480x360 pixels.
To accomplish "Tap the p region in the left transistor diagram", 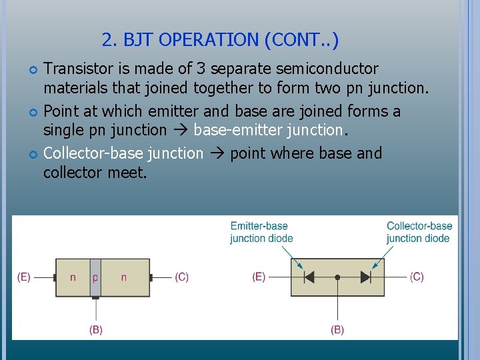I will (95, 277).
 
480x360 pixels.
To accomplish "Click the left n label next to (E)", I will (73, 277).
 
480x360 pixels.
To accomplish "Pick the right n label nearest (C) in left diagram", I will (123, 277).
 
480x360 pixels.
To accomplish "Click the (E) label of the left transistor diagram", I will (24, 277).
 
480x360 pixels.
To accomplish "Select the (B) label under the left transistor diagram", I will (96, 329).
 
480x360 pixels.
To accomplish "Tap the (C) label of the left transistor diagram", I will (181, 277).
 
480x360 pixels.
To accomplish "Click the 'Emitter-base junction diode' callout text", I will (261, 232).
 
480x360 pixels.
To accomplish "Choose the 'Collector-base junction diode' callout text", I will (419, 232).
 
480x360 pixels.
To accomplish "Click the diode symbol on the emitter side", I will (309, 277).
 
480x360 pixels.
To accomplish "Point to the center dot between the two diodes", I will (338, 277).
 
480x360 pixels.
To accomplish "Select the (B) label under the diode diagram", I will (338, 329).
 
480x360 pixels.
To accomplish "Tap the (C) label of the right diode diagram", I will (417, 277).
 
